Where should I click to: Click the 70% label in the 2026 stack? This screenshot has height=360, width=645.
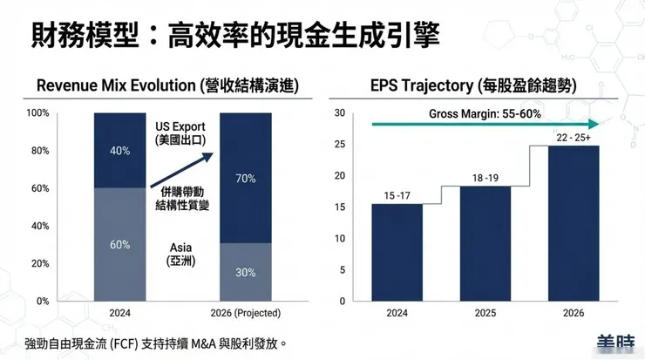[246, 179]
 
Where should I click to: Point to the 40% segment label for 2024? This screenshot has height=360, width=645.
[119, 151]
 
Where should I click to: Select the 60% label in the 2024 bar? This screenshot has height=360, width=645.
[119, 245]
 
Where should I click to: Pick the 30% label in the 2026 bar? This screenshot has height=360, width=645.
[246, 272]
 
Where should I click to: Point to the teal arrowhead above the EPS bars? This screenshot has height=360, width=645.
[595, 125]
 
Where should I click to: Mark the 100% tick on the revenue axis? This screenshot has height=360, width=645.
[37, 113]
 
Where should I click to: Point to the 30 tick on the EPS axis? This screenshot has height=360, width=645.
[341, 113]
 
